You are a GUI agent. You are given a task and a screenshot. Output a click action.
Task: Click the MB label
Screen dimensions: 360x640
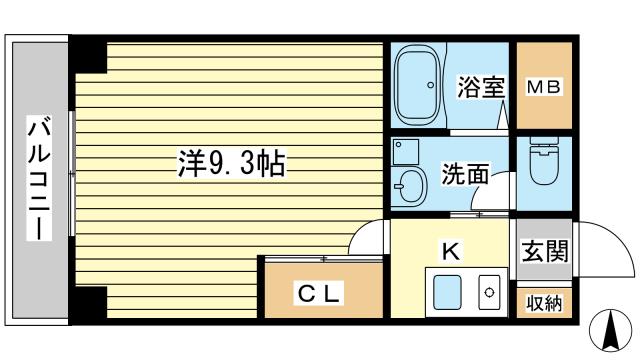point(544,86)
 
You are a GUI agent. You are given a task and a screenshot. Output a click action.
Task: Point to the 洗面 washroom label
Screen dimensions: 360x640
point(465,173)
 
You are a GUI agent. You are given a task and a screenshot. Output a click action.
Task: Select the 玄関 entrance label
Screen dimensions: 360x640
point(545,251)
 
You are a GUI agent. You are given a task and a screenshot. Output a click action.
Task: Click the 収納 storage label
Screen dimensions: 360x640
point(545,303)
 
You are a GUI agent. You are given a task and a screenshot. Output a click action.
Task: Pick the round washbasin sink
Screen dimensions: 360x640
point(410,186)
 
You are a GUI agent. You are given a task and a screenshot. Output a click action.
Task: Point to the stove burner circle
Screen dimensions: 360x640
point(490,293)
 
